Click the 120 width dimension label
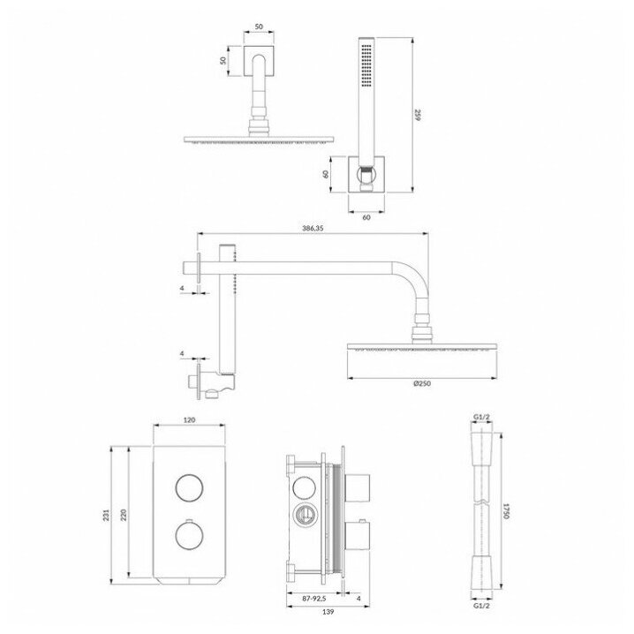point(188,421)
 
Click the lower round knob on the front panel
point(187,535)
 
